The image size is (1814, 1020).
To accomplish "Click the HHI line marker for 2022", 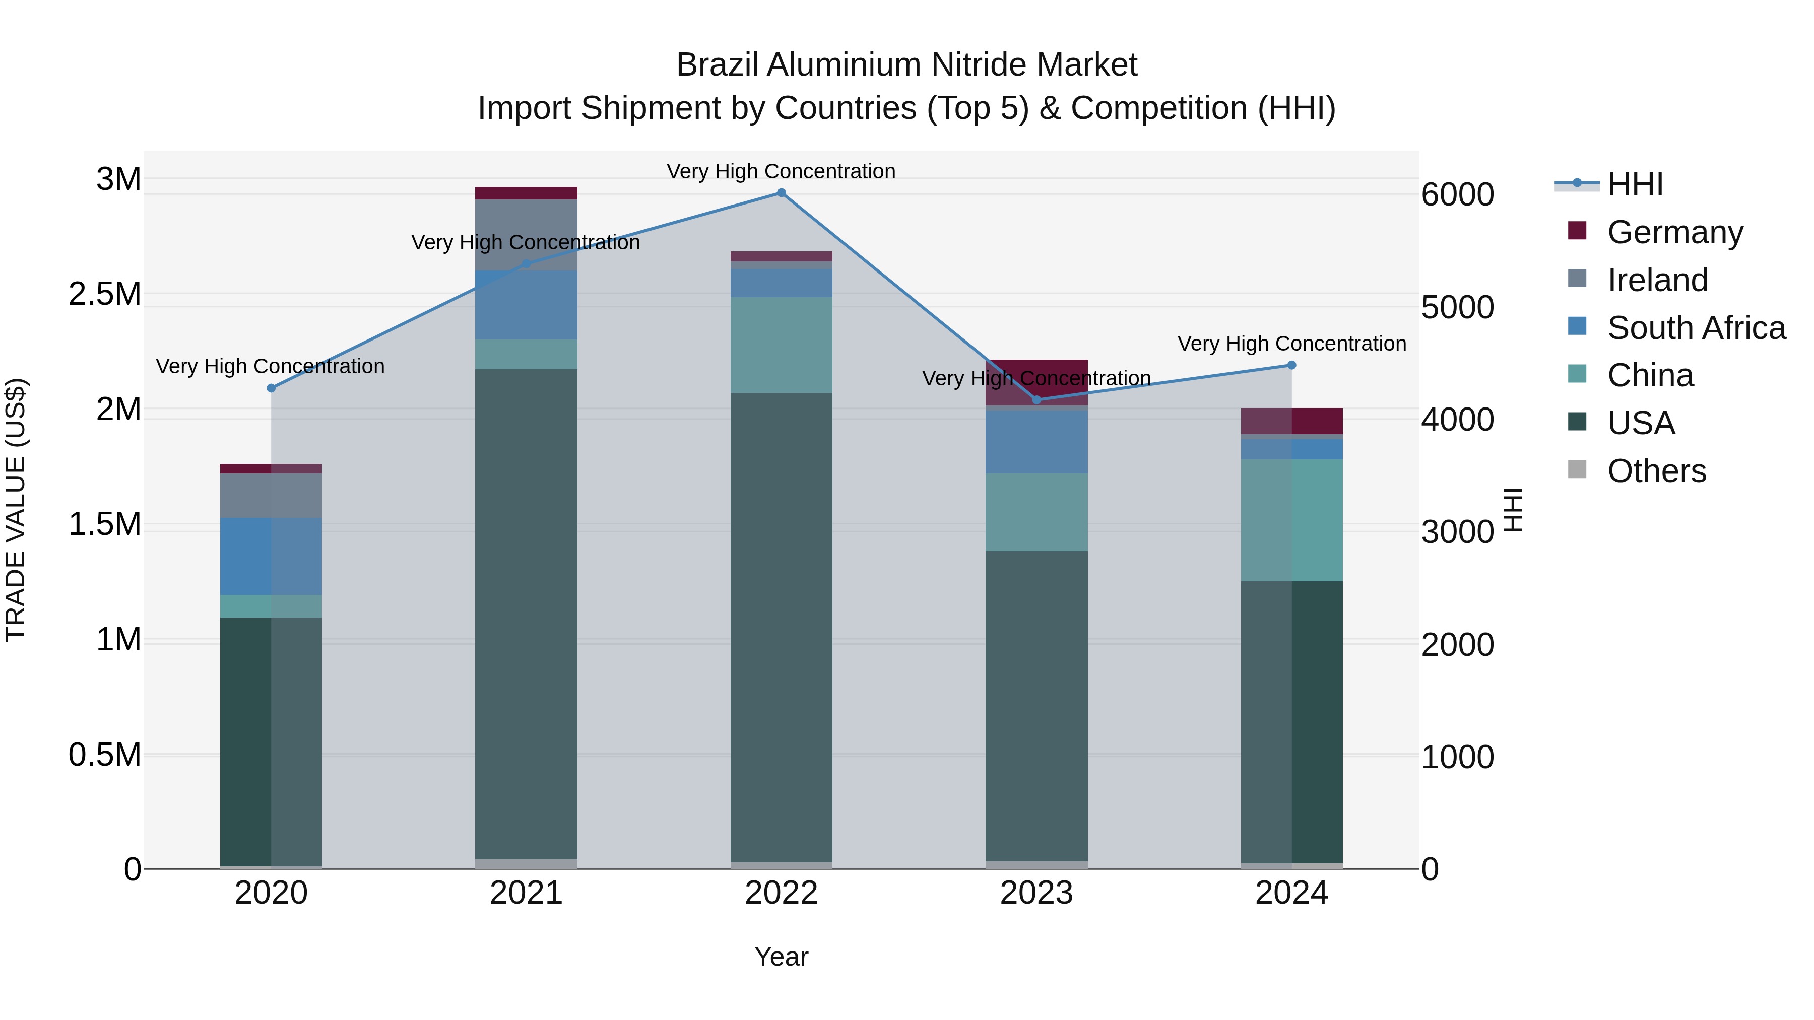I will coord(781,193).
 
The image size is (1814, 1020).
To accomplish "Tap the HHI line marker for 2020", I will coord(271,388).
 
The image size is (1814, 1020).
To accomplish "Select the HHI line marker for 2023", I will coord(1036,400).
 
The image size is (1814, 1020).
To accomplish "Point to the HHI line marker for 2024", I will coord(1291,365).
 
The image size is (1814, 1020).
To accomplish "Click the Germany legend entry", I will coord(1674,232).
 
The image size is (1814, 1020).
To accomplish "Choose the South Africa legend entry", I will coord(1696,328).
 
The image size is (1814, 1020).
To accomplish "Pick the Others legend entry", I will coord(1656,471).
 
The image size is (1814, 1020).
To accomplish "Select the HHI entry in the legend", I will coord(1635,184).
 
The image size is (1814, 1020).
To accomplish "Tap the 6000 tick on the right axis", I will coord(1457,195).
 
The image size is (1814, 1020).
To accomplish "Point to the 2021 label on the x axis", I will coord(526,893).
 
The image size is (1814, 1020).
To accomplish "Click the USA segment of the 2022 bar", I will coord(781,627).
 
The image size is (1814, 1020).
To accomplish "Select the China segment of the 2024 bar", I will coord(1291,520).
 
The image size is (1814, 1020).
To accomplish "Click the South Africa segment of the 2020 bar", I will coord(271,556).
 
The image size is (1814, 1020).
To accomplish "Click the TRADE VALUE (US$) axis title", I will coord(16,510).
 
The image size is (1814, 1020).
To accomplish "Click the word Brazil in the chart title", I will coord(718,65).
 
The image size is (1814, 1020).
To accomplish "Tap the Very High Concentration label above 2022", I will coord(781,171).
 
